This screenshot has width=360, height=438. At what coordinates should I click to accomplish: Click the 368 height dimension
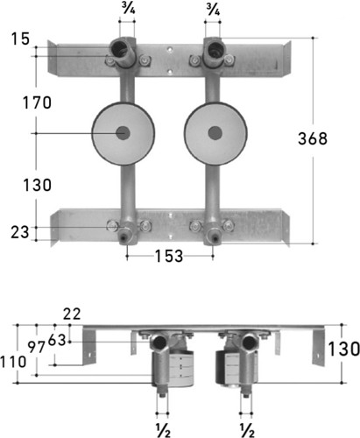tap(313, 138)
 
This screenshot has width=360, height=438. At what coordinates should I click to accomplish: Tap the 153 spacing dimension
tap(169, 256)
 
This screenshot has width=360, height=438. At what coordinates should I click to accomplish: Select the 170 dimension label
tap(37, 102)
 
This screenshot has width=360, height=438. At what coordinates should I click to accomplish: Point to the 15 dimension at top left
tap(20, 39)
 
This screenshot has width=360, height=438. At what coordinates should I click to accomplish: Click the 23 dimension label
tap(20, 232)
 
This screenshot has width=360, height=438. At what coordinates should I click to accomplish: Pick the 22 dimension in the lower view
tap(72, 314)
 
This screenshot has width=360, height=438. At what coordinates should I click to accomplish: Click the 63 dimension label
tap(57, 340)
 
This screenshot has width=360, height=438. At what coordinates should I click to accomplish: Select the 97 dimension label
tap(37, 347)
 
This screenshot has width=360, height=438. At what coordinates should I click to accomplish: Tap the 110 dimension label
tap(13, 363)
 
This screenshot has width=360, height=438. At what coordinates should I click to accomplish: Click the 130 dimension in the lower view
tap(344, 349)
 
